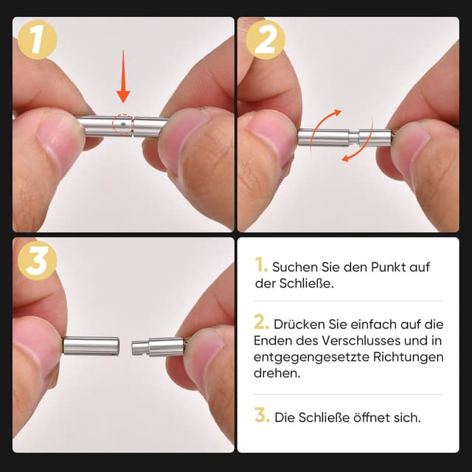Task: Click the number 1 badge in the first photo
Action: coord(37,38)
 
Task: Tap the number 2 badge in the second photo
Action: coord(265,38)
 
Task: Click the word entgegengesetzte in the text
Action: coord(309,357)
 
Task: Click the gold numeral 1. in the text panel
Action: coord(260,265)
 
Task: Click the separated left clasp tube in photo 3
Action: coord(91,345)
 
